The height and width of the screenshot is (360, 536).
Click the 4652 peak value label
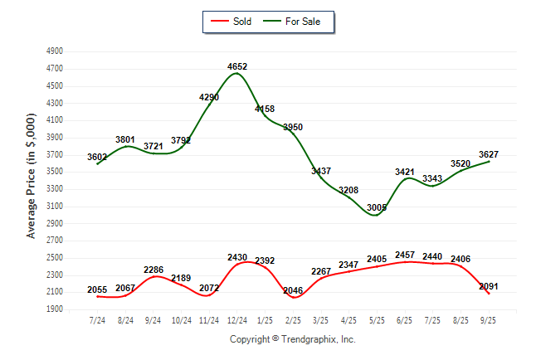click(x=237, y=66)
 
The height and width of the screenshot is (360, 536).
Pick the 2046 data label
click(x=293, y=290)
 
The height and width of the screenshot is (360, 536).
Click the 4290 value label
click(x=209, y=97)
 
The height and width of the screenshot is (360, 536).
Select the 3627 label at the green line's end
click(x=489, y=154)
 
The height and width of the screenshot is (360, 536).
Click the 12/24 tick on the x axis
click(x=237, y=319)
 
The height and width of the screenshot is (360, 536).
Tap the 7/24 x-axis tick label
click(x=97, y=319)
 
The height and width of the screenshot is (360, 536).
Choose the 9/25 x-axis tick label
click(x=489, y=319)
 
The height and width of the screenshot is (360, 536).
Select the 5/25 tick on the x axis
click(x=377, y=319)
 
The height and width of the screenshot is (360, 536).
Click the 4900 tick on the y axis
click(x=56, y=51)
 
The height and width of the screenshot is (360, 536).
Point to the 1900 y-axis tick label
click(x=56, y=309)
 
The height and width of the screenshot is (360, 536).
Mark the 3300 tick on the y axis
click(x=56, y=189)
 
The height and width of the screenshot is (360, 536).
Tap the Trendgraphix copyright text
click(x=292, y=339)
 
